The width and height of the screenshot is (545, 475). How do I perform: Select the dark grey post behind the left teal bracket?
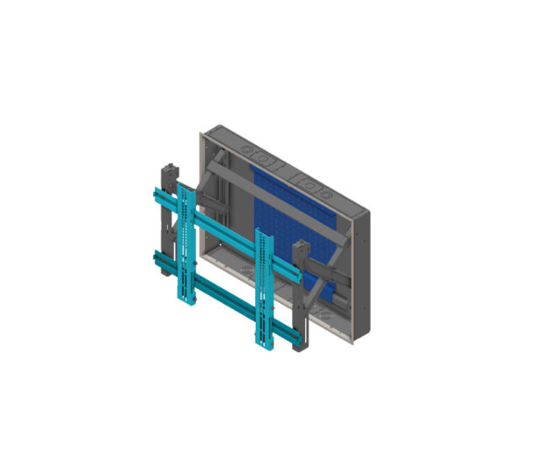(x=166, y=220)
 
